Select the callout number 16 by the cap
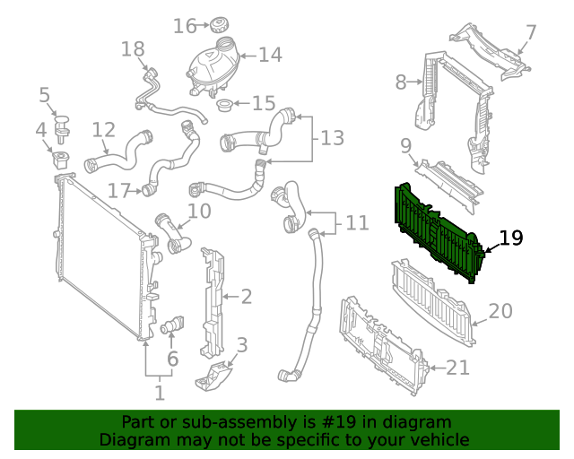pyautogui.click(x=185, y=26)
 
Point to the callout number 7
pyautogui.click(x=531, y=33)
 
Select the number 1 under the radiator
pyautogui.click(x=160, y=392)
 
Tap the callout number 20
pyautogui.click(x=500, y=311)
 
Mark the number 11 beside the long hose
pyautogui.click(x=356, y=222)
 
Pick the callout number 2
pyautogui.click(x=246, y=296)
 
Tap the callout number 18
pyautogui.click(x=133, y=48)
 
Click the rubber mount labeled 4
pyautogui.click(x=62, y=161)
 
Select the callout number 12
pyautogui.click(x=104, y=131)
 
